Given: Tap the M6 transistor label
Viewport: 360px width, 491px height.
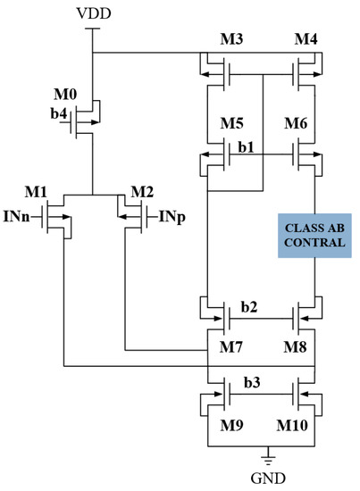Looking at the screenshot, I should (302, 123).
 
